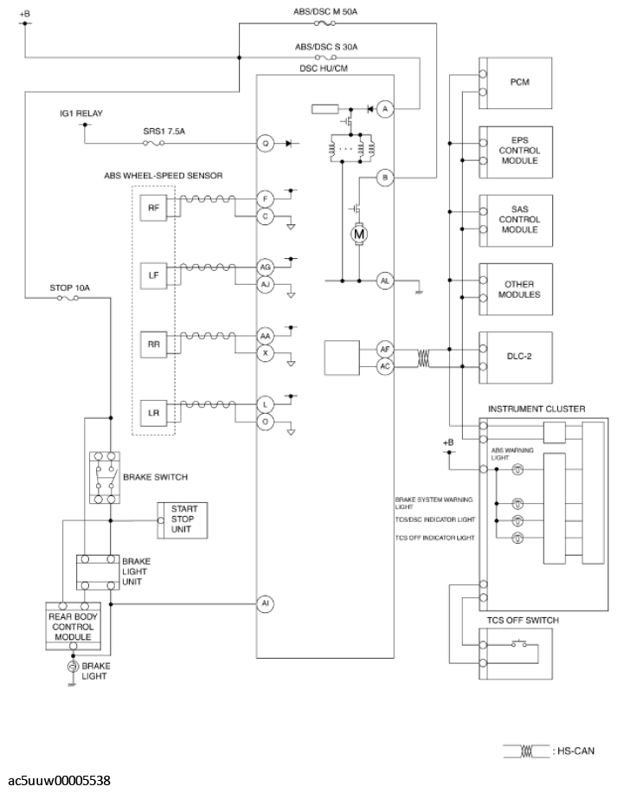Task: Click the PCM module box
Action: pyautogui.click(x=516, y=83)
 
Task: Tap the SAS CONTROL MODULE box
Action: pyautogui.click(x=516, y=221)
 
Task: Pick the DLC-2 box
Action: pyautogui.click(x=516, y=358)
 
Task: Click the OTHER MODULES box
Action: pyautogui.click(x=516, y=289)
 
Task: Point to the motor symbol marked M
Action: pyautogui.click(x=359, y=234)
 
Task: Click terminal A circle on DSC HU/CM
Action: pyautogui.click(x=385, y=109)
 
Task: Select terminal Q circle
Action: pyautogui.click(x=266, y=144)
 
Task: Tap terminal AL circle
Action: pyautogui.click(x=385, y=280)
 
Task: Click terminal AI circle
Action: pyautogui.click(x=266, y=603)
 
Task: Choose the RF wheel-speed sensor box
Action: pyautogui.click(x=154, y=208)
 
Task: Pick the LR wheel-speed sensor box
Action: pyautogui.click(x=154, y=413)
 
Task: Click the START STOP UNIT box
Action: pyautogui.click(x=183, y=520)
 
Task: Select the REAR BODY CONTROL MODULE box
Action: pyautogui.click(x=74, y=626)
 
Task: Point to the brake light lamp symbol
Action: pyautogui.click(x=73, y=666)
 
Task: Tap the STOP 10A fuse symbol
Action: pyautogui.click(x=67, y=299)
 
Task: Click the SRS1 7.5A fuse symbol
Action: pyautogui.click(x=154, y=144)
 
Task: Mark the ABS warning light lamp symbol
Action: pyautogui.click(x=517, y=470)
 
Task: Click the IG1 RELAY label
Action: pyautogui.click(x=81, y=113)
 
